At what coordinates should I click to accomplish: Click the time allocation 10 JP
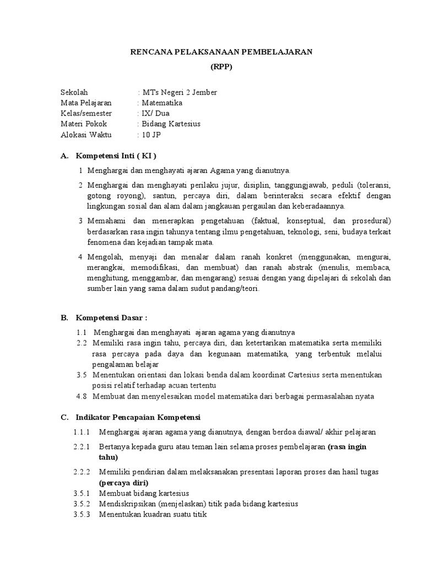[149, 134]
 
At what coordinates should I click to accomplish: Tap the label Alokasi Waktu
[85, 134]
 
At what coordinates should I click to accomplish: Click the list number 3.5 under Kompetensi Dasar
[82, 375]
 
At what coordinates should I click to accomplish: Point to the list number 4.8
[82, 396]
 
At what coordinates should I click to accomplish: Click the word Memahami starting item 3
[106, 221]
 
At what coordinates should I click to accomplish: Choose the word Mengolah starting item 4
[105, 257]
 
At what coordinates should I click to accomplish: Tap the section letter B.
[64, 318]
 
